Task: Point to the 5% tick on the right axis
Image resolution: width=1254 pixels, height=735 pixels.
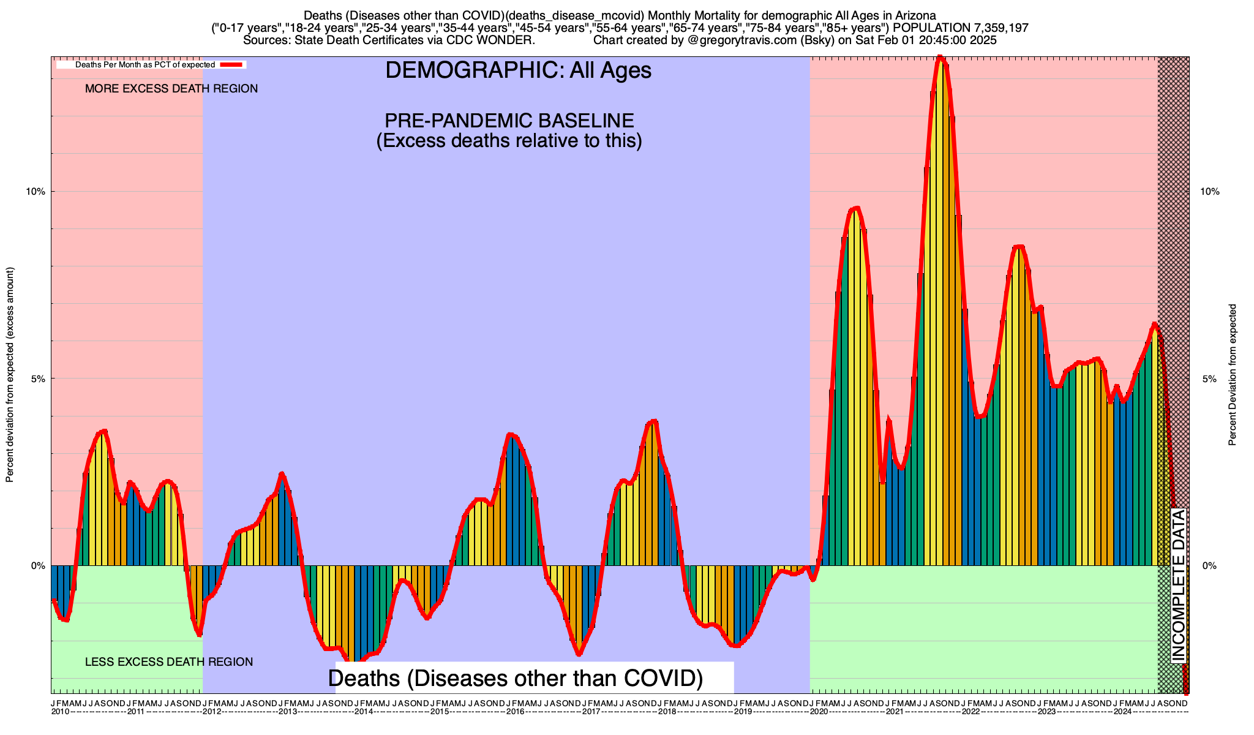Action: coord(1209,379)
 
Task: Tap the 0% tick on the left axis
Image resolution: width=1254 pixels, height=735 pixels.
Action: coord(38,566)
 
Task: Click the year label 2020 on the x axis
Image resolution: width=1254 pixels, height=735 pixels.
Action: coord(819,712)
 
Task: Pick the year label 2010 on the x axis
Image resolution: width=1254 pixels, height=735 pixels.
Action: coord(60,712)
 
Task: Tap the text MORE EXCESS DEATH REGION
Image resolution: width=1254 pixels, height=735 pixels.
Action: coord(171,89)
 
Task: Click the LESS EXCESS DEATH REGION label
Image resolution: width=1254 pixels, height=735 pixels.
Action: coord(169,662)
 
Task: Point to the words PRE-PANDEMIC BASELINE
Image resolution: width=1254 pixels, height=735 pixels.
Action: coord(509,120)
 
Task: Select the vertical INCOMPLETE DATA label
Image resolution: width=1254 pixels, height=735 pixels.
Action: coord(1179,586)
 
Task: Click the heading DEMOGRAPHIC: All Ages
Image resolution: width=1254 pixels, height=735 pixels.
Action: coord(518,70)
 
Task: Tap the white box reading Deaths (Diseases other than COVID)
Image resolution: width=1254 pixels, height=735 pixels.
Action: coord(515,678)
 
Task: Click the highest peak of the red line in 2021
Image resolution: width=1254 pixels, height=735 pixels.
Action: coord(940,58)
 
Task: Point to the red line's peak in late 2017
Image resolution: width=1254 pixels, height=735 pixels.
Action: coord(653,421)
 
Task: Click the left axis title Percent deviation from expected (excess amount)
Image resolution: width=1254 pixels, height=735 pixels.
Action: coord(10,374)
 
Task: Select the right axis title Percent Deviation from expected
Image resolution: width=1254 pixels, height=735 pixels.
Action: coord(1233,374)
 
